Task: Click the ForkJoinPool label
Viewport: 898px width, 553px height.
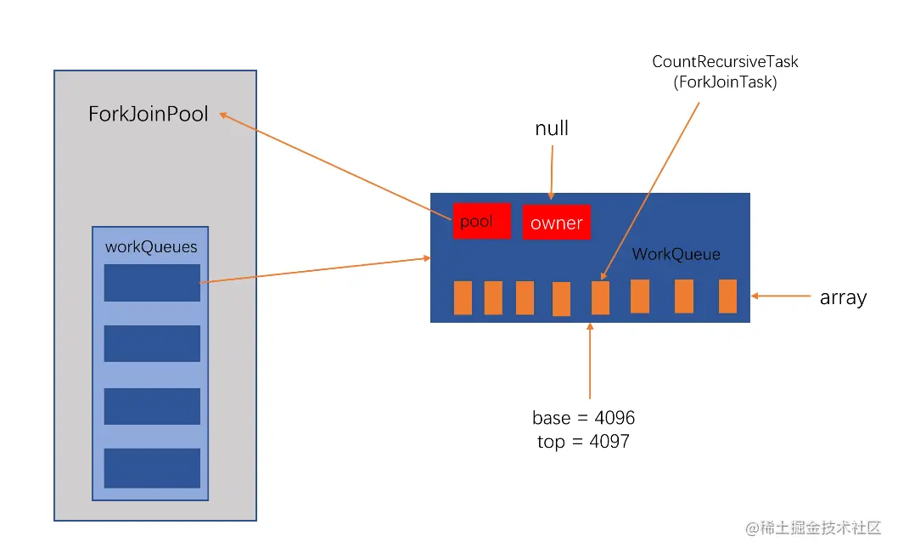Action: point(148,114)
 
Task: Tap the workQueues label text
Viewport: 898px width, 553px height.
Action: point(151,247)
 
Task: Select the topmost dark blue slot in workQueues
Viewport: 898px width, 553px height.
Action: point(152,283)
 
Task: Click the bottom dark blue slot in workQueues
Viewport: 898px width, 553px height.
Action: point(152,468)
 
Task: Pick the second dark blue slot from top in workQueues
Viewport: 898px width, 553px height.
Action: point(152,344)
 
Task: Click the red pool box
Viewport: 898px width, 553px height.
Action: point(481,221)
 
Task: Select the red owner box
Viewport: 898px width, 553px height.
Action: point(556,223)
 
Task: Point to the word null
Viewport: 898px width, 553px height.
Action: point(552,128)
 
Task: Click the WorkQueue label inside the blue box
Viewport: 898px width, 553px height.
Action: point(676,255)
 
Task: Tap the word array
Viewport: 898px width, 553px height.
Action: point(843,298)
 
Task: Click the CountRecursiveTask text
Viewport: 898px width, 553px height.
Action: point(725,62)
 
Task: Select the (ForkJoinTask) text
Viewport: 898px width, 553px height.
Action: point(725,82)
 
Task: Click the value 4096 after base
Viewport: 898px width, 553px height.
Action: point(615,418)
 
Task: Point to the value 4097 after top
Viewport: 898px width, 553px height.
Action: point(609,441)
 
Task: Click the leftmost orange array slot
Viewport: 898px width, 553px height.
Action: point(463,297)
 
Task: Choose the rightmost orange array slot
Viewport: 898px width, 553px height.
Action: point(727,296)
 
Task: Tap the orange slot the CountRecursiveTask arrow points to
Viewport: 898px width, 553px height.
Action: point(600,297)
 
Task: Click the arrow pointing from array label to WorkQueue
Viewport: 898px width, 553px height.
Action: point(781,296)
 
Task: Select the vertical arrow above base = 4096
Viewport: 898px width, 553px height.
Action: point(590,361)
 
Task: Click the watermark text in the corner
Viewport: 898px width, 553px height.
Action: point(812,528)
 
